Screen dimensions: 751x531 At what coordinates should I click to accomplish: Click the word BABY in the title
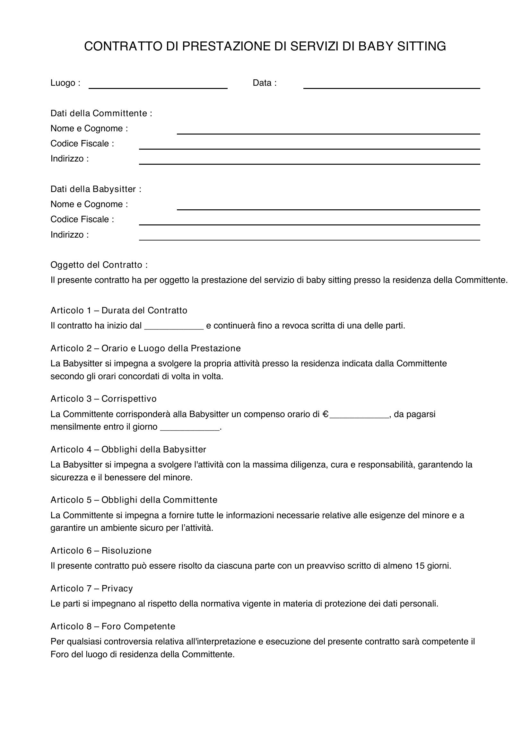click(x=376, y=47)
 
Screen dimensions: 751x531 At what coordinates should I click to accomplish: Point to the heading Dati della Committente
click(x=101, y=113)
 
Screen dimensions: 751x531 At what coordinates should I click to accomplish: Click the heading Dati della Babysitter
click(x=95, y=189)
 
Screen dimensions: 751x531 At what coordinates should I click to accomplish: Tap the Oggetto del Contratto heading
click(x=99, y=265)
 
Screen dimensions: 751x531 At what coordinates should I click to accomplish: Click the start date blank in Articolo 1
click(x=174, y=327)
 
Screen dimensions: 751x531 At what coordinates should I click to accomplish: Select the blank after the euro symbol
click(x=359, y=415)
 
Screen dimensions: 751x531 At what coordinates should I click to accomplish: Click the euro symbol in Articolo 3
click(x=325, y=415)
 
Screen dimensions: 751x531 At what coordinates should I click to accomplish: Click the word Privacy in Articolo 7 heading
click(x=117, y=589)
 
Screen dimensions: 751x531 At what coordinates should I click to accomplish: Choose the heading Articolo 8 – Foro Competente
click(x=113, y=626)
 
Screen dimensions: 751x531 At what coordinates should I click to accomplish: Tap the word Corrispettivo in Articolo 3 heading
click(x=129, y=399)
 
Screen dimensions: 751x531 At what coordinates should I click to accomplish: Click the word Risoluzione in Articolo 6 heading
click(x=126, y=551)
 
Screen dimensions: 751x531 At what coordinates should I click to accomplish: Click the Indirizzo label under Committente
click(x=69, y=159)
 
